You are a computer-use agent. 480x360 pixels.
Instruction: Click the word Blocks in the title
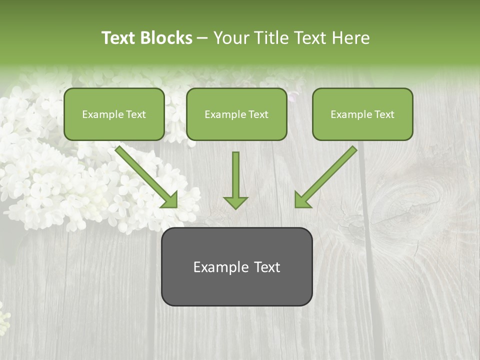pos(167,38)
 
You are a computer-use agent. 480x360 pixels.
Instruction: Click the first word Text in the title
pos(119,38)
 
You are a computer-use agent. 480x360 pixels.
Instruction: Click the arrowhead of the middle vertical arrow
pos(235,202)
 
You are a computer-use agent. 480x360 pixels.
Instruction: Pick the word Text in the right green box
pos(384,114)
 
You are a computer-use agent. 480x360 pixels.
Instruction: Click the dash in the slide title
pos(203,38)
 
